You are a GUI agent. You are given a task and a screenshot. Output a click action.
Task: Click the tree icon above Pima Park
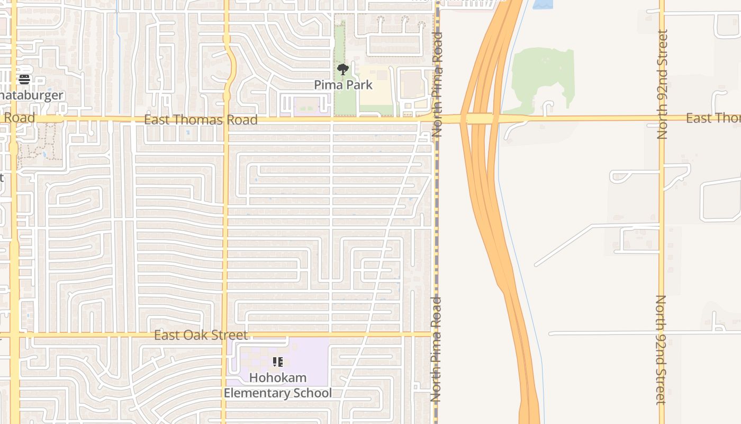point(343,69)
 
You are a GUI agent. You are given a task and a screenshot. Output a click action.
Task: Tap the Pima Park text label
point(343,85)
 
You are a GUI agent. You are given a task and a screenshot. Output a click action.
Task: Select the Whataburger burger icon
point(24,79)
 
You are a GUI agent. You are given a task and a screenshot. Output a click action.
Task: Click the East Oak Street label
point(201,335)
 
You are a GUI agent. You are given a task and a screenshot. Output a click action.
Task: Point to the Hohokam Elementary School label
point(278,385)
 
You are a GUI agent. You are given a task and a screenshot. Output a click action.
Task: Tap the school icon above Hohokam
point(278,363)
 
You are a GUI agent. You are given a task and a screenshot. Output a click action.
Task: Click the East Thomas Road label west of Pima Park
point(201,120)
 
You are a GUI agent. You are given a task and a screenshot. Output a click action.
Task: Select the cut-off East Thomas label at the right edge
point(713,118)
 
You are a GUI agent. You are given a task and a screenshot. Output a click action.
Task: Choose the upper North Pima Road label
point(437,85)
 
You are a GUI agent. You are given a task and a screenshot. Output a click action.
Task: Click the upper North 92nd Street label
point(662,85)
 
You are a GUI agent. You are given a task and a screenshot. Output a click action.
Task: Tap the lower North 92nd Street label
point(661,350)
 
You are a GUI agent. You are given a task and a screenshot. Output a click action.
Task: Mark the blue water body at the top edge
point(542,4)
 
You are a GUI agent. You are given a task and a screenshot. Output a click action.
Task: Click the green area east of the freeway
point(543,74)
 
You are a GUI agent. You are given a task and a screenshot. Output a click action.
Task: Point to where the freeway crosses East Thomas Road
point(479,119)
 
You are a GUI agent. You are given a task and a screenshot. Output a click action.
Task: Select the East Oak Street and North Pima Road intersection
point(435,334)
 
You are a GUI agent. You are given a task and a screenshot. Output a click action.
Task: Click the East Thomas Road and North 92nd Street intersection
point(662,118)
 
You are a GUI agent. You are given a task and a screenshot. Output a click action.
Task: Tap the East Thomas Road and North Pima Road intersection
point(436,120)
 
